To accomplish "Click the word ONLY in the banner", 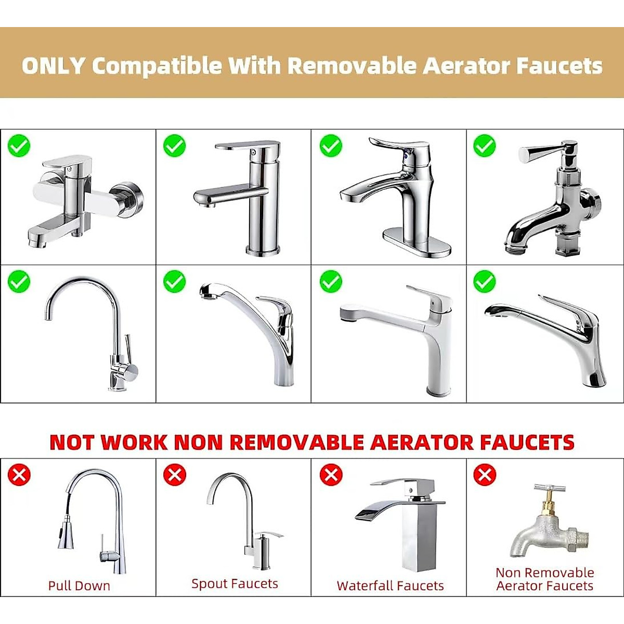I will click(x=53, y=66).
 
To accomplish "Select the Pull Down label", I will click(x=79, y=586).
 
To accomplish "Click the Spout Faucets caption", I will click(x=235, y=583).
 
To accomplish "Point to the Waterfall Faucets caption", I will click(x=390, y=586).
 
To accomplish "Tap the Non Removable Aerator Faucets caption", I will click(x=544, y=579).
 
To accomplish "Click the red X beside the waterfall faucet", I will click(x=331, y=475).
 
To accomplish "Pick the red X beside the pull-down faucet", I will click(x=19, y=475).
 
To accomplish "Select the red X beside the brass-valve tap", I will click(x=485, y=475).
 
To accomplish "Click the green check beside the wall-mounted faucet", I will click(x=19, y=146).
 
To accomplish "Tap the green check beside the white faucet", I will click(x=331, y=281).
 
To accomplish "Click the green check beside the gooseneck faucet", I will click(x=19, y=281).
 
